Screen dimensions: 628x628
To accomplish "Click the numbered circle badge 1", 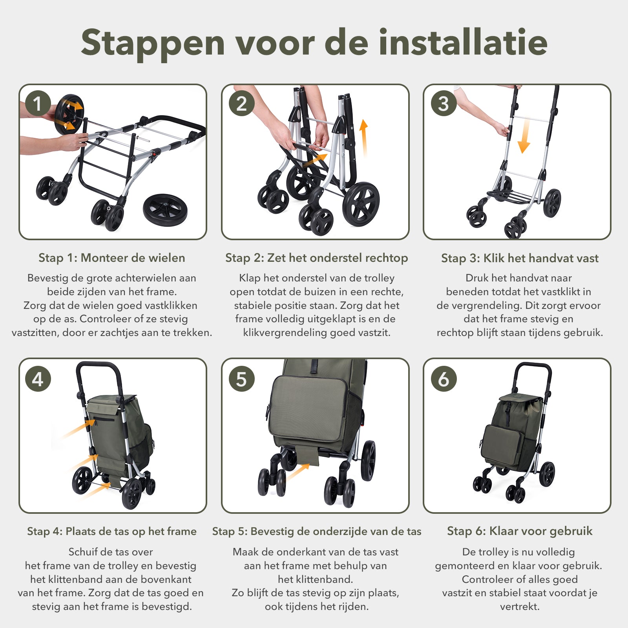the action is pos(38,104).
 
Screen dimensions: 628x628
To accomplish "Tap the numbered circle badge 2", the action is pos(241,104).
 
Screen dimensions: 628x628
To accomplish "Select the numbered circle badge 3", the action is pos(444,104).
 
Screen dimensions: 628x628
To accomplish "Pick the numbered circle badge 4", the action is pos(38,379).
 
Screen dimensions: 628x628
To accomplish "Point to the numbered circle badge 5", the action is pos(241,379).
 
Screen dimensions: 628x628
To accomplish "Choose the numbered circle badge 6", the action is pos(444,379).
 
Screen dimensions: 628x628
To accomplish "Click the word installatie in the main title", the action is pos(463,42).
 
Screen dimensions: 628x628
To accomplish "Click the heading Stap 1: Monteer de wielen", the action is pos(112,258).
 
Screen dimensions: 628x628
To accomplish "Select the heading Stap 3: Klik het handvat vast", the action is pos(520,258).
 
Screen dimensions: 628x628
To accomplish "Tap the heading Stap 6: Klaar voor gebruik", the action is pos(520,531).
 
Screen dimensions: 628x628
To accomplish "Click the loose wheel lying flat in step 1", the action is pos(165,210).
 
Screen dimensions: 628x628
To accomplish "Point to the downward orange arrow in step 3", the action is pos(524,136).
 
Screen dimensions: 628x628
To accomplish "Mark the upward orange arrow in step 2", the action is pos(364,137).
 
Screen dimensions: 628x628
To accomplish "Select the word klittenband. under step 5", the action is pos(316,579).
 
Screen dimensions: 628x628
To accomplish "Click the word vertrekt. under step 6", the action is pos(520,607).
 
